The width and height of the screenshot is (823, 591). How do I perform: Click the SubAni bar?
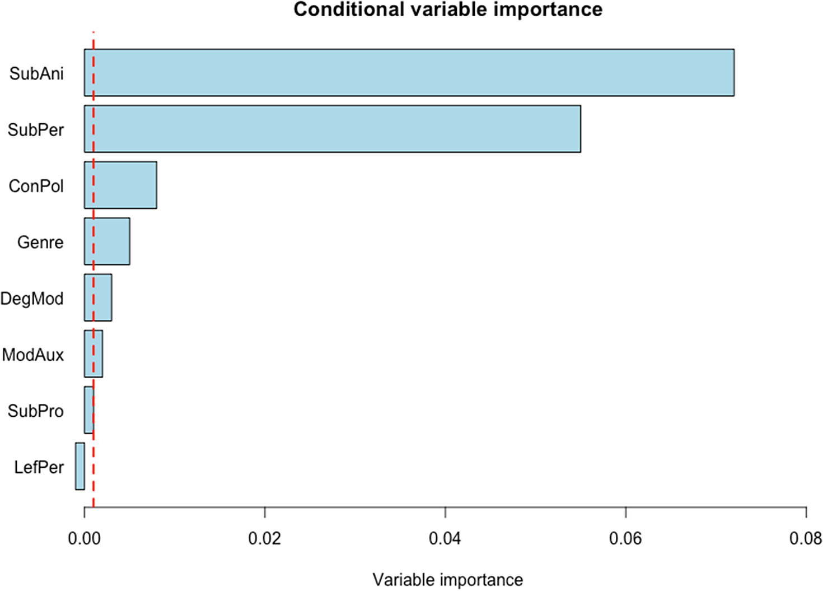409,73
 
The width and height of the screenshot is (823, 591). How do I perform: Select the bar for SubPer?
332,129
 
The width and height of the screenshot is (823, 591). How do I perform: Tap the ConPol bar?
120,185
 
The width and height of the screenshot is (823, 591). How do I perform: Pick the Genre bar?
107,241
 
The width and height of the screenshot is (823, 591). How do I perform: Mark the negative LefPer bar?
80,466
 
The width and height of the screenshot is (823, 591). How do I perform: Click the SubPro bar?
88,410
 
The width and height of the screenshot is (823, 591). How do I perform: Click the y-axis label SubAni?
36,73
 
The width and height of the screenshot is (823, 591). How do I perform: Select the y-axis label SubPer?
36,130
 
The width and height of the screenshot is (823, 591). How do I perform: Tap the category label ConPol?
36,186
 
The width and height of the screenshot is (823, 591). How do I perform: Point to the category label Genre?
40,242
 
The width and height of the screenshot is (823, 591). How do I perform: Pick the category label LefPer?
39,467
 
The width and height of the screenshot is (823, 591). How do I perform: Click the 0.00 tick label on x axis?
84,539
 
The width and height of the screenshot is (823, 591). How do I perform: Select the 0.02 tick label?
264,539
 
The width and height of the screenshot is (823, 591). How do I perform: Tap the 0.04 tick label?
445,539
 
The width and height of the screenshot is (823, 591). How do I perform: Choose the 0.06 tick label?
625,539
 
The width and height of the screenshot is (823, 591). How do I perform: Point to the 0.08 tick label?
805,539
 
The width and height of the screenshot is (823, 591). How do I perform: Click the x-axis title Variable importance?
448,580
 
